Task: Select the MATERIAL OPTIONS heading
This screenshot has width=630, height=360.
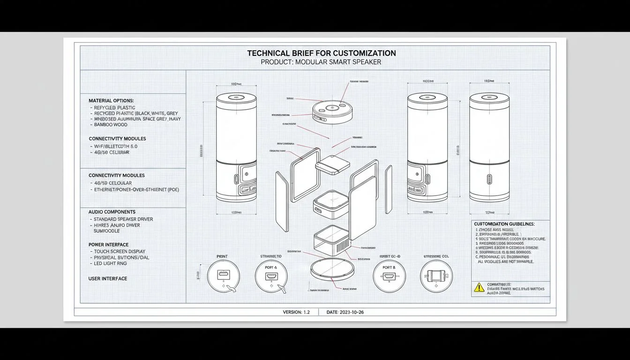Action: (x=111, y=101)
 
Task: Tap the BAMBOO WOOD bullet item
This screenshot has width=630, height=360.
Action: (x=110, y=125)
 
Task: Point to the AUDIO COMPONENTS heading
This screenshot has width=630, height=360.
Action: (x=112, y=212)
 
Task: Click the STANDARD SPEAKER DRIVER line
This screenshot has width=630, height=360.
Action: (x=123, y=219)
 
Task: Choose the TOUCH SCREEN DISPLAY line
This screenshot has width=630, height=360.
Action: (x=120, y=252)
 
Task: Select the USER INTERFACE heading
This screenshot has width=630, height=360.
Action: (x=108, y=278)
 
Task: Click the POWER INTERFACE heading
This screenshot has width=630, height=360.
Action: (x=108, y=245)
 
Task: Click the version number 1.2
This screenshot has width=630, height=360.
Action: (x=306, y=312)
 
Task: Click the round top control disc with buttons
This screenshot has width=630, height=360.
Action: (x=332, y=110)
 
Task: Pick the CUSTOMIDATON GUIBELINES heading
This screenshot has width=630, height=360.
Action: (x=504, y=224)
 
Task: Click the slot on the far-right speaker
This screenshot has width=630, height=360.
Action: (x=489, y=180)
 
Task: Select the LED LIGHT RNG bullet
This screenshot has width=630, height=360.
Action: (x=110, y=263)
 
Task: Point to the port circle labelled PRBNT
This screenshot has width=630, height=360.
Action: (x=223, y=276)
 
